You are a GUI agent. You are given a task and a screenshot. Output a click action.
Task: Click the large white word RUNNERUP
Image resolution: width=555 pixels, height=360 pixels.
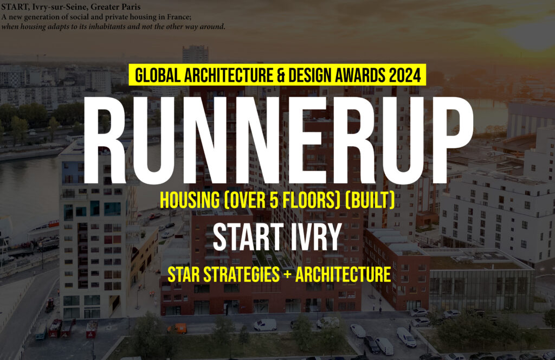278,140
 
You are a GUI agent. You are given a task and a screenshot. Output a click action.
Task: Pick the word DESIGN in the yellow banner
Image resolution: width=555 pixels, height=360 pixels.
307,75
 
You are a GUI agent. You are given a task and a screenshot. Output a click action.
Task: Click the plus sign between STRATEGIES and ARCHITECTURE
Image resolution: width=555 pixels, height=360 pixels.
287,275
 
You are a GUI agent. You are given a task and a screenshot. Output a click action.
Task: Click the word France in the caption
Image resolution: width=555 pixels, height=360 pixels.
179,17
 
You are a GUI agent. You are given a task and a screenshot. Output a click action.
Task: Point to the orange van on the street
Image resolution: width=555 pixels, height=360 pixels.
177,329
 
